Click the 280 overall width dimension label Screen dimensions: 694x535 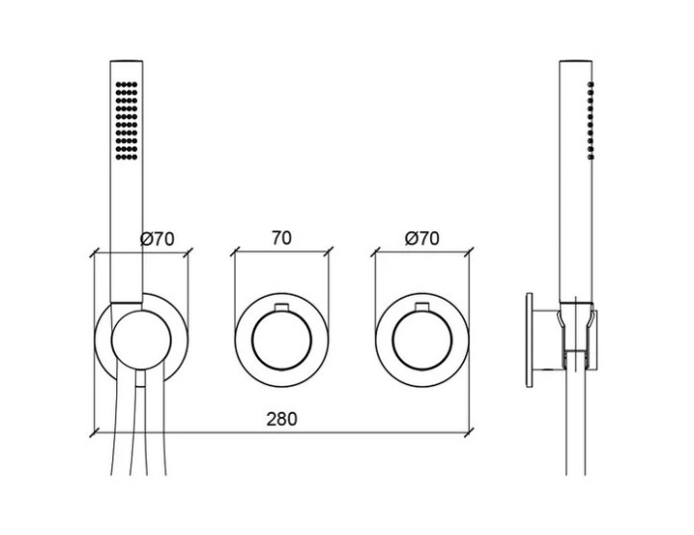282,419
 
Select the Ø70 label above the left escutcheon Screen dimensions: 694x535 157,239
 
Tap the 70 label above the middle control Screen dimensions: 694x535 282,238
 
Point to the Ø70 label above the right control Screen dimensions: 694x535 421,238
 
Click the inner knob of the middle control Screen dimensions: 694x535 282,340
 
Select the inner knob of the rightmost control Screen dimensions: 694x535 421,340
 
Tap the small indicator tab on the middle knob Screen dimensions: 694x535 282,307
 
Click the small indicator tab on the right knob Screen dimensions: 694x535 421,307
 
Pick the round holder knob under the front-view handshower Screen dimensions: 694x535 141,340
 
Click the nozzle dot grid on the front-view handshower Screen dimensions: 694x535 127,120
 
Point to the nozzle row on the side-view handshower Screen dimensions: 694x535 591,120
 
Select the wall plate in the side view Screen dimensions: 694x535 529,340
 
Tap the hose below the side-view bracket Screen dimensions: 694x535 576,421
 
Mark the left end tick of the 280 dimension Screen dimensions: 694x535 93,432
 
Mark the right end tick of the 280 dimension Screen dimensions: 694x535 469,432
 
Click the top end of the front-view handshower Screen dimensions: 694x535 127,61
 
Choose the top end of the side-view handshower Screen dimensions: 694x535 576,61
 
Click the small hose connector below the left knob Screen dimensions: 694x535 141,379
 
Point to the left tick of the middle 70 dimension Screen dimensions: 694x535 235,252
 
